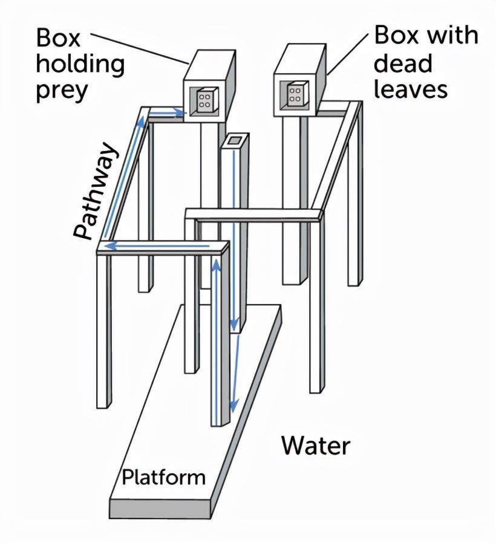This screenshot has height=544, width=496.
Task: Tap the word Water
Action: [x=315, y=446]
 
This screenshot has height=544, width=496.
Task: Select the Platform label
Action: [x=163, y=477]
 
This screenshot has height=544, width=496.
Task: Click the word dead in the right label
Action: [x=403, y=62]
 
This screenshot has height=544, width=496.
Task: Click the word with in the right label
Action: [x=452, y=35]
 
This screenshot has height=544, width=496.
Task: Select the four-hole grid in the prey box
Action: [x=205, y=100]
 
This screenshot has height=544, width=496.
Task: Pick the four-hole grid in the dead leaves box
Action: [x=296, y=93]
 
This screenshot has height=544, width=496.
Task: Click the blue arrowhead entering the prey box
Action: [x=180, y=112]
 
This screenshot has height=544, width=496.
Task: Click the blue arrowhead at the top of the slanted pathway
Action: [x=142, y=119]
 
